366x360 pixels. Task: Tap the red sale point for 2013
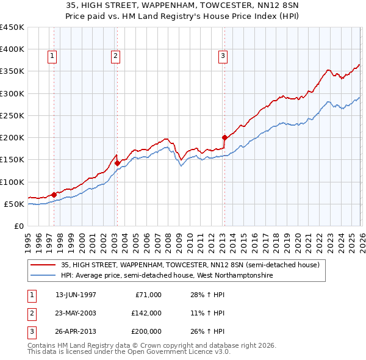pyautogui.click(x=224, y=137)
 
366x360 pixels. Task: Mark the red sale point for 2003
pyautogui.click(x=117, y=163)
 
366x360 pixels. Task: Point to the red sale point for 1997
pyautogui.click(x=54, y=195)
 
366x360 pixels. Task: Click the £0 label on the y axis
pyautogui.click(x=19, y=226)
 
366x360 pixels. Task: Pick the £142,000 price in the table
pyautogui.click(x=146, y=314)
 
